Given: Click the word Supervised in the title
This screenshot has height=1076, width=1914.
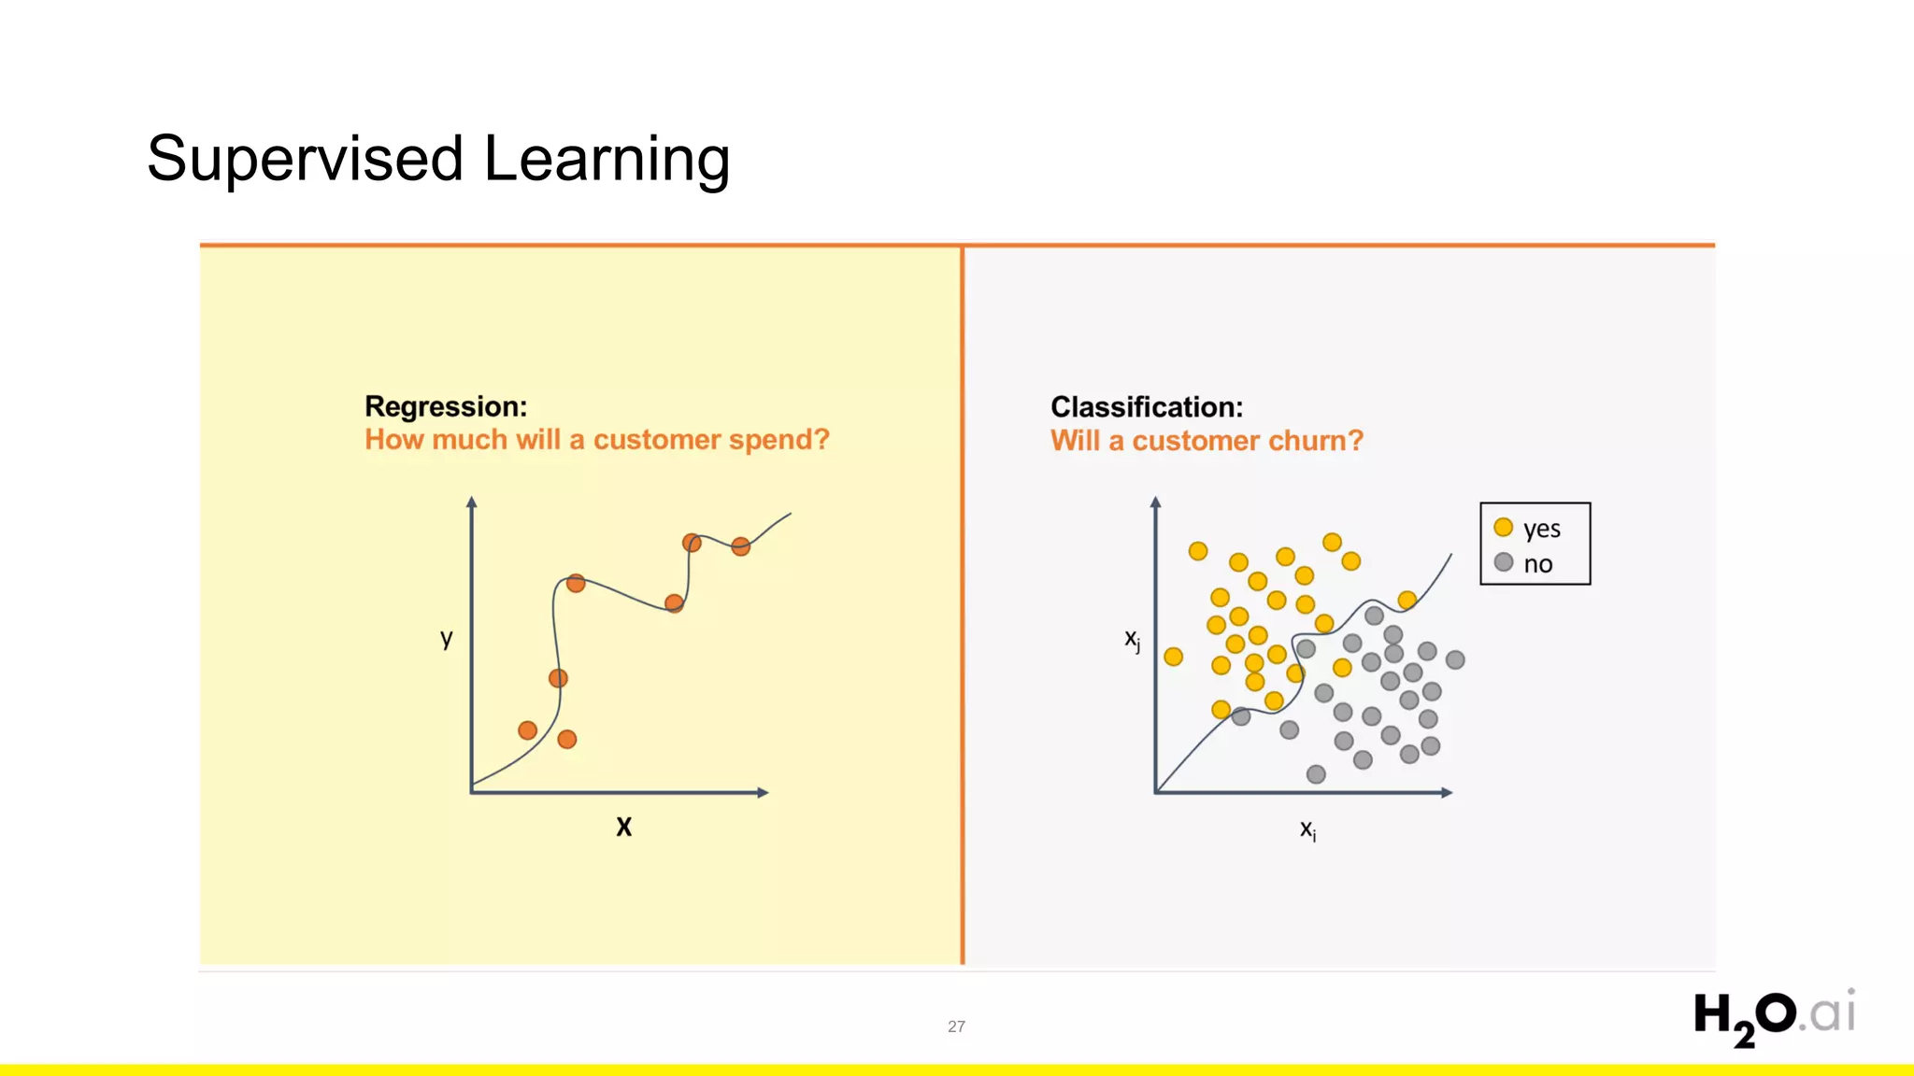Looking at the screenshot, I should (x=305, y=159).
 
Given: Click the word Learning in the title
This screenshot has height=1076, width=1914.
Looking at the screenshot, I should (x=607, y=159).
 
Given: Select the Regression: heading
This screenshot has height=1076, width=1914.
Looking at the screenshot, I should (x=446, y=406).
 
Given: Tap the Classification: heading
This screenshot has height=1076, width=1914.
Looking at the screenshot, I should (x=1147, y=407).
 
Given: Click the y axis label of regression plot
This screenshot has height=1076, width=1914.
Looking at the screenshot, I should (x=447, y=638).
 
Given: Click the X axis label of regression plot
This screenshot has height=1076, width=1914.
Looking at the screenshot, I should (x=623, y=827).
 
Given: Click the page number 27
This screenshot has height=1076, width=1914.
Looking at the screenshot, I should (x=956, y=1026).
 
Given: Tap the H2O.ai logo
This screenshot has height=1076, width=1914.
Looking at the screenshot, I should (x=1773, y=1016).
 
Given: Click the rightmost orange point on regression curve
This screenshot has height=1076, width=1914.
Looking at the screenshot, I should (x=740, y=546).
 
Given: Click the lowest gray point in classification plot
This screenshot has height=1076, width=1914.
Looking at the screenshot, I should (x=1316, y=774).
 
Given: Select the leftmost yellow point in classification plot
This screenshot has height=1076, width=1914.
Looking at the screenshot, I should (x=1174, y=657).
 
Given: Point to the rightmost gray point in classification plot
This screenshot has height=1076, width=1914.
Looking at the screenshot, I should (x=1455, y=660).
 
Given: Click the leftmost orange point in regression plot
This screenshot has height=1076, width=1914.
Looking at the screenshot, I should (x=527, y=730).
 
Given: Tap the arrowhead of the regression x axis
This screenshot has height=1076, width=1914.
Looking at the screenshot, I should (x=763, y=793).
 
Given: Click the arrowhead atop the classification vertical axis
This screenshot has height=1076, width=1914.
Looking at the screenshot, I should (x=1156, y=503).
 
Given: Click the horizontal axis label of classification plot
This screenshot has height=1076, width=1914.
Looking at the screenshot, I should (x=1307, y=829).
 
